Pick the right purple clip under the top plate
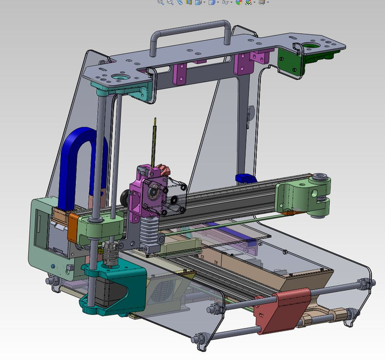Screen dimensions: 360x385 click(x=243, y=64)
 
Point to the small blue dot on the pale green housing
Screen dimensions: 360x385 click(x=53, y=265)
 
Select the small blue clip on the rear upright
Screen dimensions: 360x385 click(x=245, y=178)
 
